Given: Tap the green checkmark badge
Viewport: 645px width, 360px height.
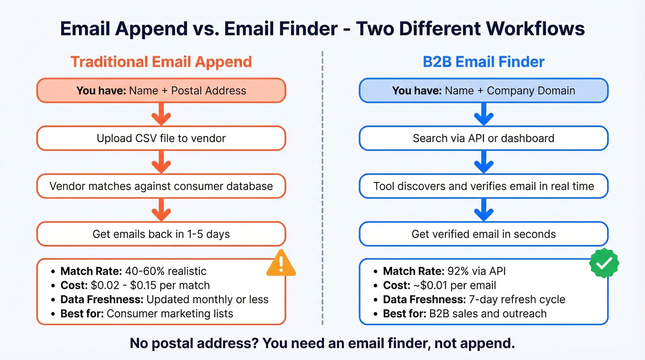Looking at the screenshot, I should pyautogui.click(x=604, y=263).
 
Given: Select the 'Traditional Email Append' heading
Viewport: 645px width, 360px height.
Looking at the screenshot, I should pyautogui.click(x=161, y=62).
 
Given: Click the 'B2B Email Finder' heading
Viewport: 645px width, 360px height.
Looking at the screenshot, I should pyautogui.click(x=484, y=62).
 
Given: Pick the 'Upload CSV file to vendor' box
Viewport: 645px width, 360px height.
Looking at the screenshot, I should pyautogui.click(x=161, y=138).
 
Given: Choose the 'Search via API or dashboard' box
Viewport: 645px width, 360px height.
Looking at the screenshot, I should pyautogui.click(x=484, y=138).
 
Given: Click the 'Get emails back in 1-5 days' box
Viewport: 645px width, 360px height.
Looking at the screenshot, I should pyautogui.click(x=161, y=234).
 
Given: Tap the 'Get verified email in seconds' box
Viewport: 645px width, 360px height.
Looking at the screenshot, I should pyautogui.click(x=484, y=234).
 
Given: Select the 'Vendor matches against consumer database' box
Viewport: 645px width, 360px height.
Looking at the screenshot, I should pyautogui.click(x=161, y=186).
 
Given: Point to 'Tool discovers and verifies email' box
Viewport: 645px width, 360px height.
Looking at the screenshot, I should pyautogui.click(x=484, y=186).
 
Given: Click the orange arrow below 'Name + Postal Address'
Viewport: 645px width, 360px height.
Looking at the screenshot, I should pyautogui.click(x=161, y=114).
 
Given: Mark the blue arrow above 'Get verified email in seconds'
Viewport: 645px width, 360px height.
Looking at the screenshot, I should pyautogui.click(x=484, y=210).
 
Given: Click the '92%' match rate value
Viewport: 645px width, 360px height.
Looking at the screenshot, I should pyautogui.click(x=456, y=271).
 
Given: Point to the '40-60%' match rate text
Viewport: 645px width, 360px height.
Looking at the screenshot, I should pyautogui.click(x=141, y=271).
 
